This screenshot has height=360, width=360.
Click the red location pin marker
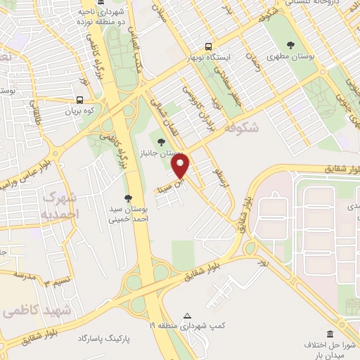[x=181, y=166]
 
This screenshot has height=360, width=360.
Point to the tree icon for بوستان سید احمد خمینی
[x=127, y=198]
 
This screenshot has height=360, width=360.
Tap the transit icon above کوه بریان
[x=79, y=100]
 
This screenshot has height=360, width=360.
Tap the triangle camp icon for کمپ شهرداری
[x=186, y=316]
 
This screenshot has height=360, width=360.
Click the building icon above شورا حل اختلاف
[x=330, y=333]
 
